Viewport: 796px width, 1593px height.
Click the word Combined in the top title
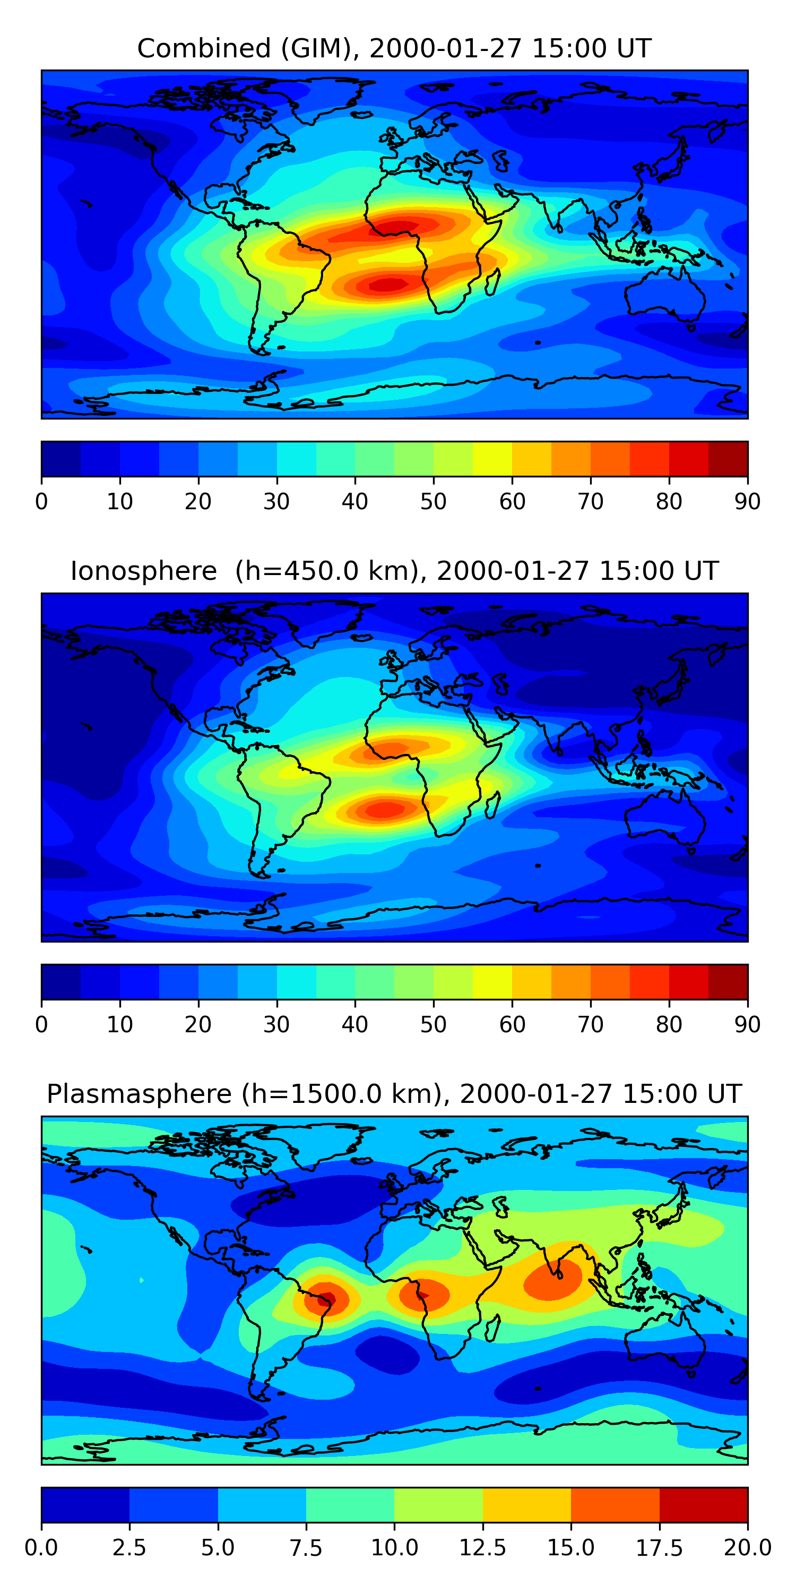click(x=204, y=48)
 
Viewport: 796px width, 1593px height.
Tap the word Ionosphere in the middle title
click(x=143, y=571)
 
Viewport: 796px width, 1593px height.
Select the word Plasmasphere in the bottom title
click(x=139, y=1094)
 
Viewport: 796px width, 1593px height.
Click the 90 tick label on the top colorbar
click(x=747, y=501)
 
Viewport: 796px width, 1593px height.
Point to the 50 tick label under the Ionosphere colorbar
click(x=433, y=1025)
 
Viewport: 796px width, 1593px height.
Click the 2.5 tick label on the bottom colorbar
click(x=129, y=1548)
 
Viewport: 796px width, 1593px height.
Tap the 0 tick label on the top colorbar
click(x=41, y=501)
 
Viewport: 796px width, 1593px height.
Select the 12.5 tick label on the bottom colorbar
click(x=483, y=1548)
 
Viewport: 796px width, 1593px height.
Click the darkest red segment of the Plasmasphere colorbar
click(x=703, y=1504)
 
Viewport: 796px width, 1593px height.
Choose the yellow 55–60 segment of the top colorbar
click(x=492, y=459)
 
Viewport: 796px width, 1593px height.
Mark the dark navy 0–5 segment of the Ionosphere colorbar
click(x=60, y=981)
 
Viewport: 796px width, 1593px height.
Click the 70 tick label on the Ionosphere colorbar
click(x=590, y=1025)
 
